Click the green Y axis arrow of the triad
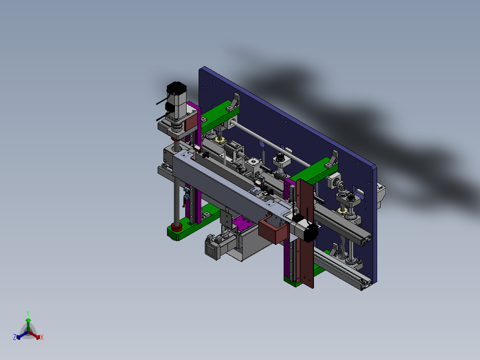(28, 324)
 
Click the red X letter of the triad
(42, 337)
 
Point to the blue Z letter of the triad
(14, 337)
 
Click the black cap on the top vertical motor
(177, 88)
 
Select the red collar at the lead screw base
(176, 227)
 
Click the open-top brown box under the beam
(273, 230)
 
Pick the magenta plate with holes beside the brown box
(244, 223)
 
